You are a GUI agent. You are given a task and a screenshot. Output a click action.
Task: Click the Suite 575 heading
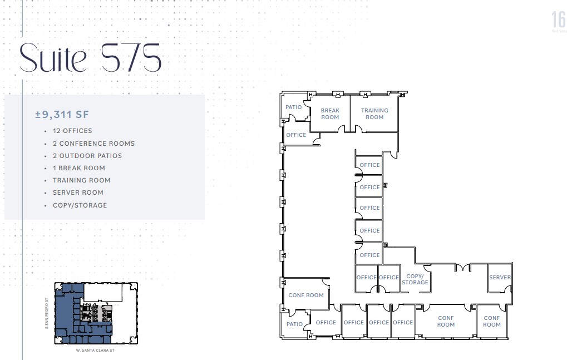point(91,57)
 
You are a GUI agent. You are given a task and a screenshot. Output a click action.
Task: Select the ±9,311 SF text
point(62,115)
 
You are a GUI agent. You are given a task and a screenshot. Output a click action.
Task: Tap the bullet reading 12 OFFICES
point(72,131)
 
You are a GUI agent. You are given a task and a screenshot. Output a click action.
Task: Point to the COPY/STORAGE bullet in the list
point(80,205)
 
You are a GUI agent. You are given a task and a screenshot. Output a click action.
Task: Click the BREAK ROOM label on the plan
point(330,114)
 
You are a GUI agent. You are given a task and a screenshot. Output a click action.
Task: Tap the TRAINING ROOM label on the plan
point(374,114)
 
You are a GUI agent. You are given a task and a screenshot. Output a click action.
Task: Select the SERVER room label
point(500,277)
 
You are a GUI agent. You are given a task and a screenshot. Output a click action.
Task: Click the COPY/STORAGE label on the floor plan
point(415,279)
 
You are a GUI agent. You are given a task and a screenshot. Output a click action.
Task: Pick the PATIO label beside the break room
point(294,107)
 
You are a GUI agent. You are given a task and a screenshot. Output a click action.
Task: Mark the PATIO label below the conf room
point(295,324)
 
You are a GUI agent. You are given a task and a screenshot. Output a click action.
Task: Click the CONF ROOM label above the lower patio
point(306,295)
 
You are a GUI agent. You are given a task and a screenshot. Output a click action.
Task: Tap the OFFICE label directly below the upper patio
point(296,135)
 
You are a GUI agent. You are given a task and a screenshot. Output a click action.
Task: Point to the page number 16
point(558,20)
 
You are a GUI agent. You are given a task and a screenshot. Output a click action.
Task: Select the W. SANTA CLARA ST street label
point(96,351)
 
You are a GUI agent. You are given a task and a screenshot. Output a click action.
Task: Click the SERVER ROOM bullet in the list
point(78,193)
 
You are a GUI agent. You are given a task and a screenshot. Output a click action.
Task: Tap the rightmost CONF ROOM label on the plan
point(492,321)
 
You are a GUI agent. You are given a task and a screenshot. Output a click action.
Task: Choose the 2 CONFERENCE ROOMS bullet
point(93,144)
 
